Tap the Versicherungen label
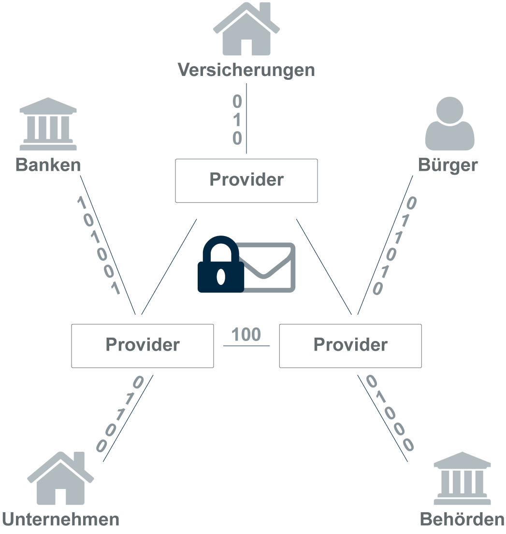(x=246, y=70)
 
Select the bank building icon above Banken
(x=48, y=124)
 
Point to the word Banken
(x=48, y=165)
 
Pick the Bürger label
(x=448, y=165)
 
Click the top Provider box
(x=246, y=180)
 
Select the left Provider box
(x=143, y=345)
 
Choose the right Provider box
(x=350, y=345)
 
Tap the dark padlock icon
(x=221, y=266)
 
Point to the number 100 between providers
(x=246, y=335)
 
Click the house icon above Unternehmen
(x=60, y=478)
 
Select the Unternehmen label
(x=61, y=519)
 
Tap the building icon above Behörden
(x=463, y=478)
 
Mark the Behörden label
(x=463, y=519)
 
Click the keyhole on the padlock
(x=221, y=276)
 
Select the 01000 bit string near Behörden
(x=390, y=413)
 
